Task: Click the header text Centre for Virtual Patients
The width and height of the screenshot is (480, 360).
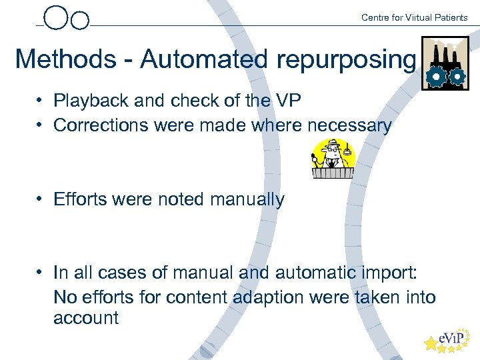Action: (414, 17)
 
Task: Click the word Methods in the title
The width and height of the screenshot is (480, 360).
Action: (65, 59)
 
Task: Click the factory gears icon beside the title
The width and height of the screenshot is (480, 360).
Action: (445, 64)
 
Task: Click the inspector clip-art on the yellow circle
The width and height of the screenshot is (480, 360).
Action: (333, 159)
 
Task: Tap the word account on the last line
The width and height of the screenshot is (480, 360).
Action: (86, 318)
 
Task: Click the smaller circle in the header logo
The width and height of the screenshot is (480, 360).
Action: (79, 21)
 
